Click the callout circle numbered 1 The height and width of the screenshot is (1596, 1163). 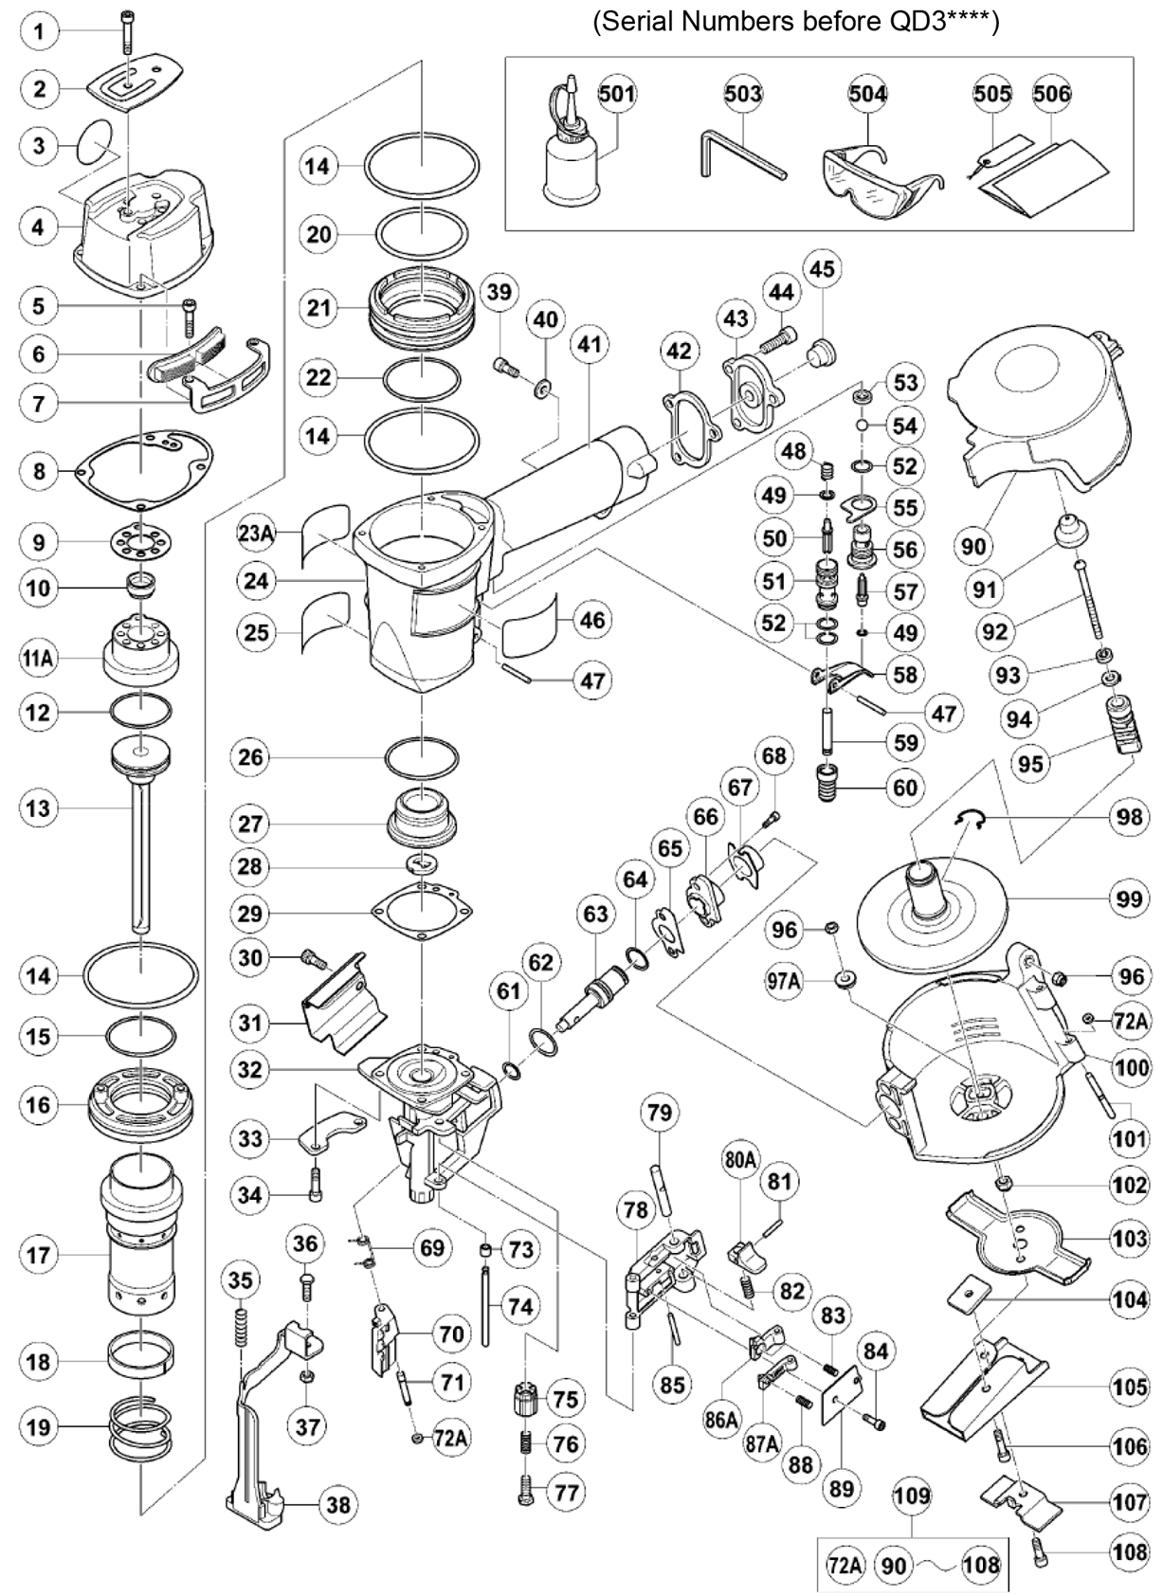[x=39, y=31]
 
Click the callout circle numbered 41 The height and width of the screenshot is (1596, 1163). [x=590, y=344]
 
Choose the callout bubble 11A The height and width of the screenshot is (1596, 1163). [x=38, y=658]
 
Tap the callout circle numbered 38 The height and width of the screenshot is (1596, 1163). [x=337, y=1505]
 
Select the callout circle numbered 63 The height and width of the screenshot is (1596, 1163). [x=595, y=914]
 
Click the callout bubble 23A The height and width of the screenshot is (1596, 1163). [x=256, y=534]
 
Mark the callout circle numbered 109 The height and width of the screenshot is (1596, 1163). [x=912, y=1496]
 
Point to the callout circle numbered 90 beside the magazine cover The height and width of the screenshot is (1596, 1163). [x=973, y=546]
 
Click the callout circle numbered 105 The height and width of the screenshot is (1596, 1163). [x=1129, y=1387]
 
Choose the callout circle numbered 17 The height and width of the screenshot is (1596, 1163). [x=38, y=1256]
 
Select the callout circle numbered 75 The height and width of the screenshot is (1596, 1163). [x=565, y=1399]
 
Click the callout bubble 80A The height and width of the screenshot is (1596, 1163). [x=740, y=1158]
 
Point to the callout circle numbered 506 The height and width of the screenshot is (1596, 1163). [x=1051, y=94]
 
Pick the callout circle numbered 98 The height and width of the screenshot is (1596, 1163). [x=1129, y=816]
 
